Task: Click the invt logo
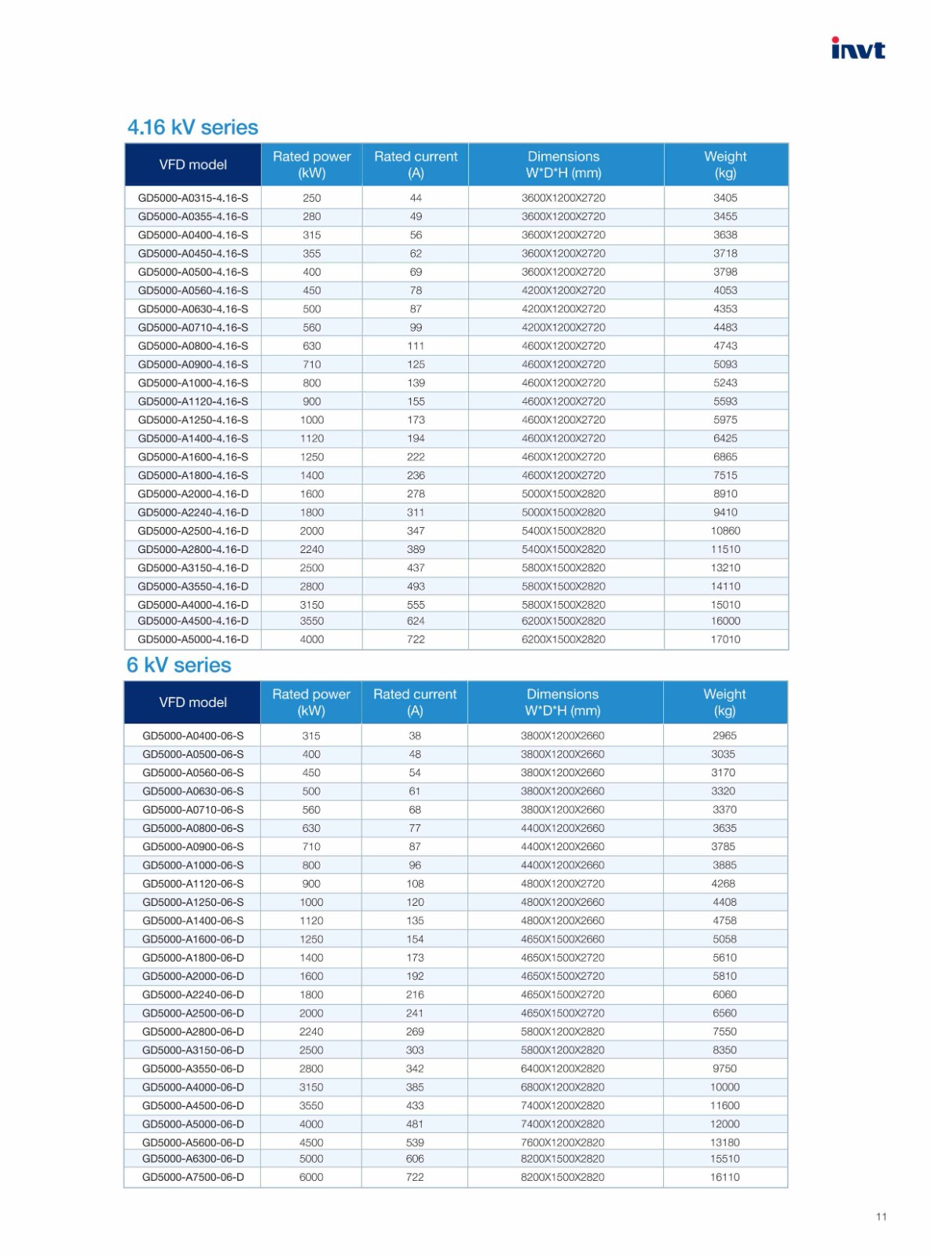(x=857, y=49)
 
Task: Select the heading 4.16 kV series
(x=192, y=127)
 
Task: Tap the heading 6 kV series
(x=179, y=665)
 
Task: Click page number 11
(x=881, y=1217)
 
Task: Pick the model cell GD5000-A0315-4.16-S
(x=192, y=198)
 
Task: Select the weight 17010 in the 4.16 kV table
(x=725, y=639)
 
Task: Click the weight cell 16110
(x=724, y=1177)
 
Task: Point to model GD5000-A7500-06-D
(x=192, y=1177)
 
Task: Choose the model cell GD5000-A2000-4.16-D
(x=192, y=494)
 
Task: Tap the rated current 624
(x=416, y=621)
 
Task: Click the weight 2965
(x=724, y=736)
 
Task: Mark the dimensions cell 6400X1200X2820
(x=563, y=1068)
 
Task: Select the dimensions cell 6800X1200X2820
(x=563, y=1087)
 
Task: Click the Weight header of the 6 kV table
(x=724, y=702)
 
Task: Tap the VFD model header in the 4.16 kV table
(x=192, y=165)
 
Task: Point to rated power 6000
(x=311, y=1177)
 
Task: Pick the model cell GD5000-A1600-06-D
(x=192, y=940)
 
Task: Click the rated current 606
(x=415, y=1159)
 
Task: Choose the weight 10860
(x=725, y=531)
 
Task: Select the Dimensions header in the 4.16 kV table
(x=563, y=165)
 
